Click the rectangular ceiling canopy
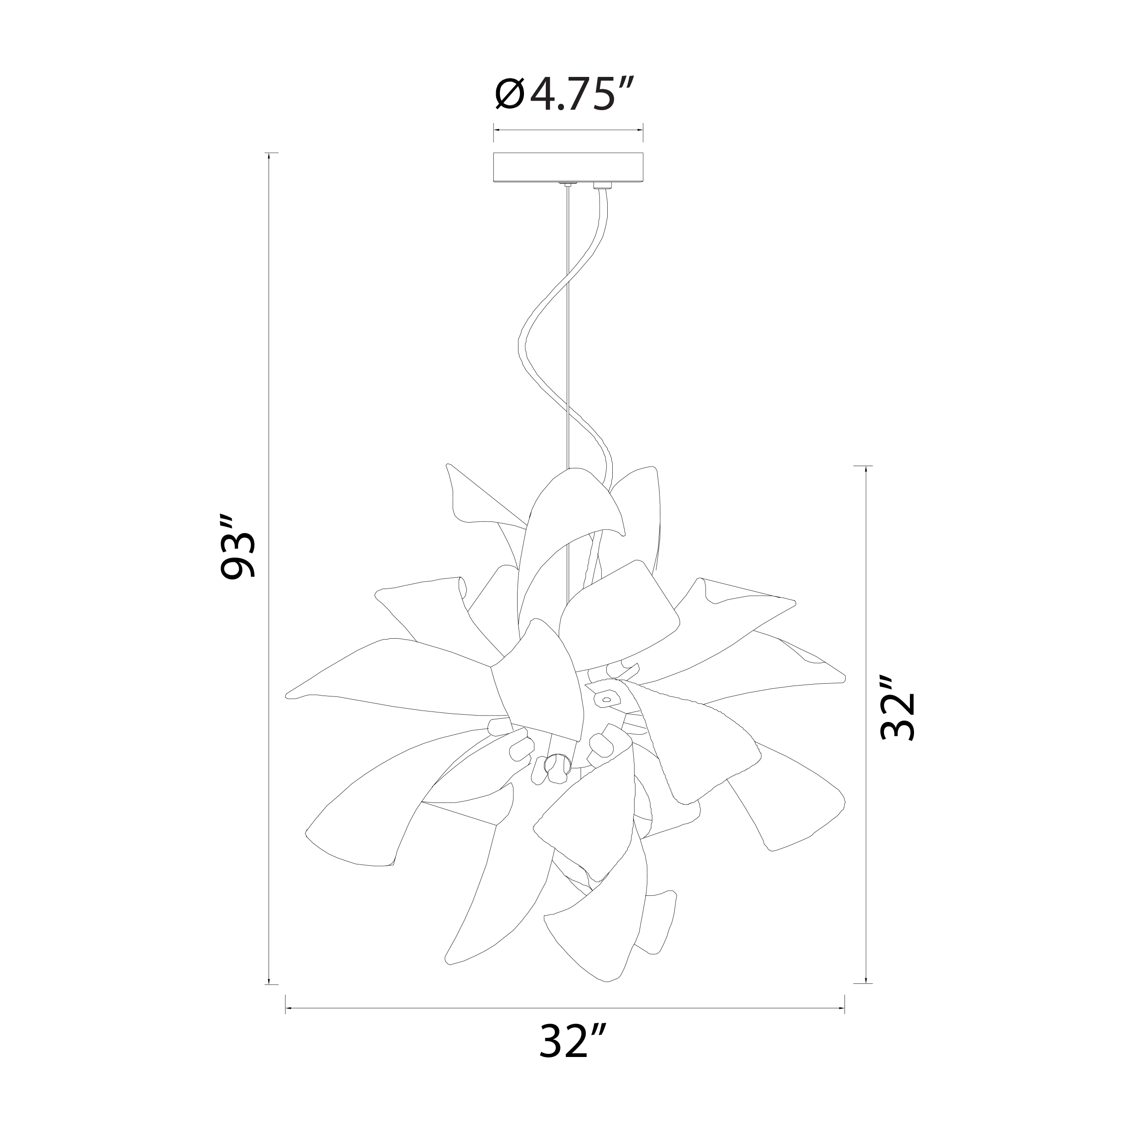point(569,168)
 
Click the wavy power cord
point(565,353)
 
